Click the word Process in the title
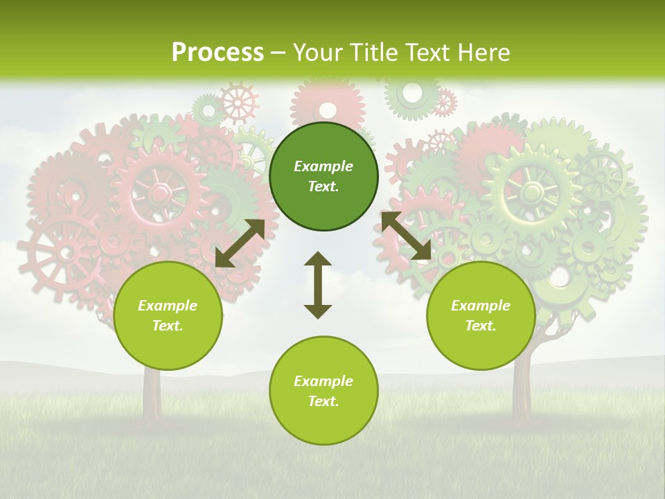(218, 53)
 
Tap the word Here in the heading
(482, 53)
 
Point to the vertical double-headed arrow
(318, 285)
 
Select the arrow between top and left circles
(240, 243)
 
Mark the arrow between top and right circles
(406, 236)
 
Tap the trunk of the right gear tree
(521, 388)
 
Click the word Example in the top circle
(323, 166)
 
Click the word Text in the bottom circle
(323, 401)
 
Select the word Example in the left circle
(168, 306)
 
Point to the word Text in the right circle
(480, 326)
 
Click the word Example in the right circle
(481, 306)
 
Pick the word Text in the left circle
(167, 326)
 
